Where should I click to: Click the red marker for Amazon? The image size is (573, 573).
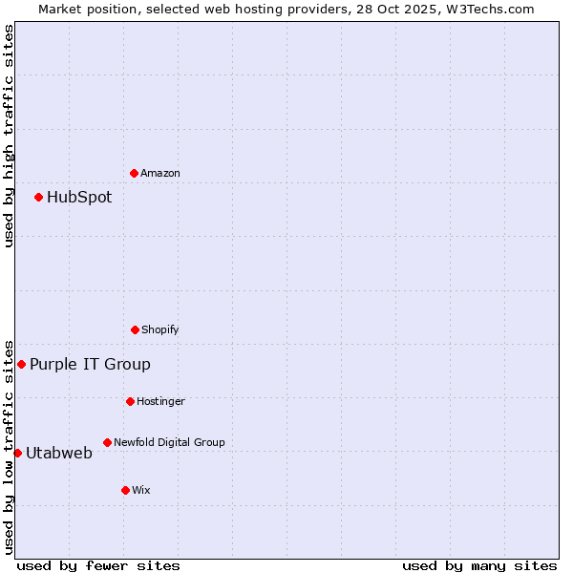[x=134, y=173]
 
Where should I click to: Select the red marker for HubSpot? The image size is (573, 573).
[x=38, y=197]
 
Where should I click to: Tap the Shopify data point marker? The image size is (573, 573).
[x=135, y=329]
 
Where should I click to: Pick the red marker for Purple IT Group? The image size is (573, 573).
[x=21, y=364]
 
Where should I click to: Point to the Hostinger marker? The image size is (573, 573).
[x=130, y=401]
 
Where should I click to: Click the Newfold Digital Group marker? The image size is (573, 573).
[x=107, y=442]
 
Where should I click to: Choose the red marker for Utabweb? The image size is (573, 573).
[x=17, y=453]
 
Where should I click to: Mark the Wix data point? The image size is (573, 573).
[x=125, y=490]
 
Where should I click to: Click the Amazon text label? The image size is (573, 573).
[x=160, y=173]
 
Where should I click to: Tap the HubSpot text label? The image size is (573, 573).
[x=79, y=198]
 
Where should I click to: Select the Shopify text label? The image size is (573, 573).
[x=160, y=329]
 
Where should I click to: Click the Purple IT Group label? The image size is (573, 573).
[x=90, y=364]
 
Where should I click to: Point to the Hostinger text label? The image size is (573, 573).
[x=160, y=401]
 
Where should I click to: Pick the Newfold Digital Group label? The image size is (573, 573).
[x=169, y=442]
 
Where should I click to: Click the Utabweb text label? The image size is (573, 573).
[x=59, y=453]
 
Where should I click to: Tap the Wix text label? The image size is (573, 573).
[x=141, y=490]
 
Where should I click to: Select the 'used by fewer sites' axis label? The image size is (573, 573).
[x=98, y=565]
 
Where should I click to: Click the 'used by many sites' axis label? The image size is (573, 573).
[x=479, y=565]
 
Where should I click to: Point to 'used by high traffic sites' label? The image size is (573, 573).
[x=9, y=136]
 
